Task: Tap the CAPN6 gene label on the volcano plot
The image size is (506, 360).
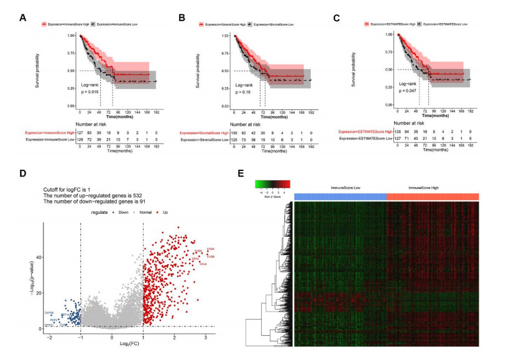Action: tap(48, 312)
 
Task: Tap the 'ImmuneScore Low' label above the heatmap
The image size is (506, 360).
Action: tap(341, 187)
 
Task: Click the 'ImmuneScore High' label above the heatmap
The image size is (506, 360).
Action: tap(433, 187)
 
